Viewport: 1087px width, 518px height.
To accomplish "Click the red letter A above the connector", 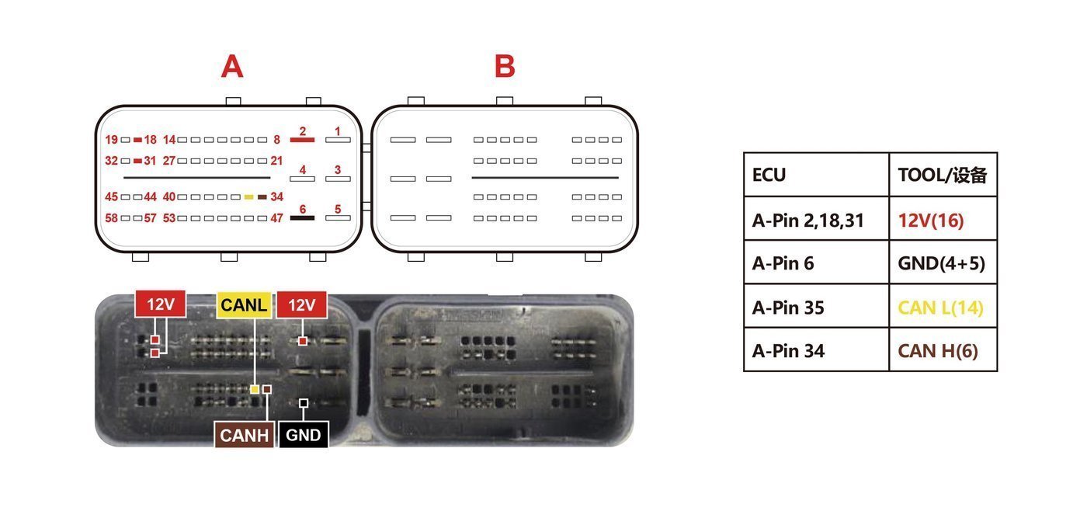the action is point(232,66).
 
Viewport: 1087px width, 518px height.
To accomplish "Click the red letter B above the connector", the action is point(505,66).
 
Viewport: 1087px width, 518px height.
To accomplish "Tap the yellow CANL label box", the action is point(244,305).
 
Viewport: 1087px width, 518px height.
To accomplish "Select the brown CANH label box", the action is point(244,434).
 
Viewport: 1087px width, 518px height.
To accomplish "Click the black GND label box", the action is point(304,434).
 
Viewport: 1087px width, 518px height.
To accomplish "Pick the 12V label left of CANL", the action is point(160,304).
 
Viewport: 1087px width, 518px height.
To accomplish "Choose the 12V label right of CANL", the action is point(301,305).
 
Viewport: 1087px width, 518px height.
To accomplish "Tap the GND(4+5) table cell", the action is point(943,262).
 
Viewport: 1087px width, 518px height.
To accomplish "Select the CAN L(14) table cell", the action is point(943,306).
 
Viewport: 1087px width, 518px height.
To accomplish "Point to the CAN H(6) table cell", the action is point(943,349).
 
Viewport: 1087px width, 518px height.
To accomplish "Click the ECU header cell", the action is point(816,175).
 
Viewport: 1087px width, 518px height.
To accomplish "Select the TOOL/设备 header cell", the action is point(943,175).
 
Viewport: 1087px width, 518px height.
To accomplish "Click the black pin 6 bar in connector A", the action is point(302,218).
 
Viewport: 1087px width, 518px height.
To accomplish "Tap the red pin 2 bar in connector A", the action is point(302,140).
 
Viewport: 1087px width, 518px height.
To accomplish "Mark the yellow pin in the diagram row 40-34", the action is point(249,197).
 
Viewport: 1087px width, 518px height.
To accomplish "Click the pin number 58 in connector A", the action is point(111,218).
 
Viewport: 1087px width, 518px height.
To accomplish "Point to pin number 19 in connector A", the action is point(111,140).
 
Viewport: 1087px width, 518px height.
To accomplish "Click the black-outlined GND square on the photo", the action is point(304,403).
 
